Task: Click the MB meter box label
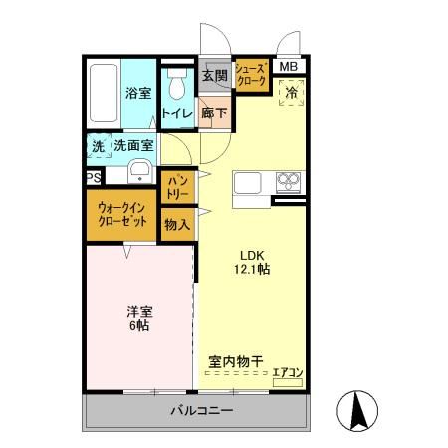pyautogui.click(x=288, y=67)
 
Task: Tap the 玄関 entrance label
pyautogui.click(x=214, y=75)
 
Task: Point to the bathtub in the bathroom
pyautogui.click(x=102, y=97)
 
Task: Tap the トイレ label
pyautogui.click(x=178, y=113)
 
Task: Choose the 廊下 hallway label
pyautogui.click(x=214, y=113)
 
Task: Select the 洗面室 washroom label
pyautogui.click(x=133, y=145)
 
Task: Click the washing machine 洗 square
pyautogui.click(x=98, y=145)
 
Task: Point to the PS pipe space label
pyautogui.click(x=92, y=178)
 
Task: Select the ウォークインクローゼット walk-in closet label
pyautogui.click(x=122, y=215)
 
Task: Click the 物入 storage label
pyautogui.click(x=176, y=225)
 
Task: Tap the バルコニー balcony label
pyautogui.click(x=200, y=410)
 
